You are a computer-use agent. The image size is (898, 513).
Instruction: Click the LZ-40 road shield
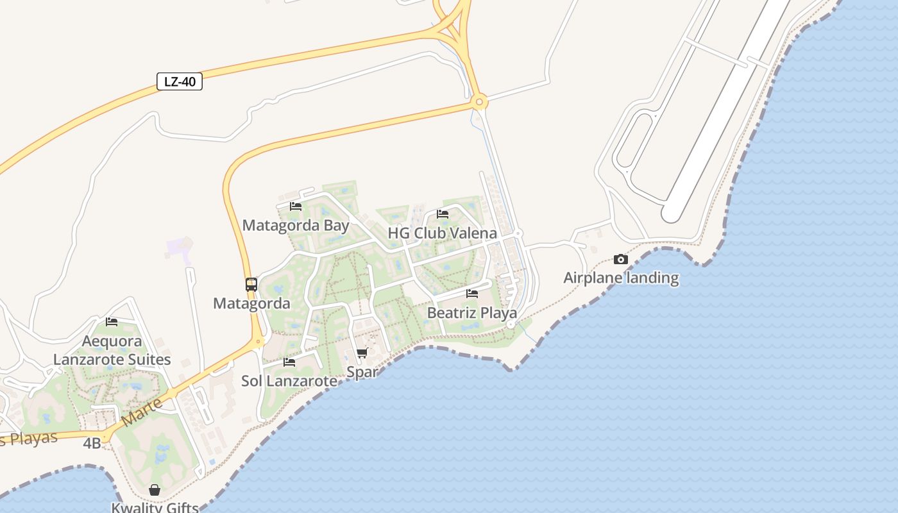(180, 81)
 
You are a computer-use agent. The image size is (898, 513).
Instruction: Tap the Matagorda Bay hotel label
(296, 226)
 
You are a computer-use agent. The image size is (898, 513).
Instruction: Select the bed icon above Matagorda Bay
(296, 206)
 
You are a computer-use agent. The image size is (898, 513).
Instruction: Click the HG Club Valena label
(442, 233)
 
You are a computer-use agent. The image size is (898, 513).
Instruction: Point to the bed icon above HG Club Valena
(443, 214)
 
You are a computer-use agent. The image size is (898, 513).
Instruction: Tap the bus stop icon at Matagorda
(251, 285)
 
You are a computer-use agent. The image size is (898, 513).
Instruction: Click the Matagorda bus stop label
(251, 303)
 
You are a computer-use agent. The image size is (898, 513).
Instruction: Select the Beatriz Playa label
(472, 313)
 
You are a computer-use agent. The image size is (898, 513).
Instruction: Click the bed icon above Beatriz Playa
(472, 294)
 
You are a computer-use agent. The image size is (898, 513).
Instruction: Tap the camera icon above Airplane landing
(621, 259)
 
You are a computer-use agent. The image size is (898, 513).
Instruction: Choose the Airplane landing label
(621, 278)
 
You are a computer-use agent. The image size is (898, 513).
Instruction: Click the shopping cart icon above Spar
(362, 353)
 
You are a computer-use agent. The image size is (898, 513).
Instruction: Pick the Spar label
(362, 372)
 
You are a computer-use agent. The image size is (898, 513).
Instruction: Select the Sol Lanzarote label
(289, 381)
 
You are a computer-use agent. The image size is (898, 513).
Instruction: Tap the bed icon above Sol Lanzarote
(289, 362)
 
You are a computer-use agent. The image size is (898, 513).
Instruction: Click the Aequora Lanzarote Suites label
(112, 350)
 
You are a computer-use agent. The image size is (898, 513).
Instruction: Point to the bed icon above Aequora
(112, 322)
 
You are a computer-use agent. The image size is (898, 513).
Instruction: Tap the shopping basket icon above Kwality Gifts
(155, 490)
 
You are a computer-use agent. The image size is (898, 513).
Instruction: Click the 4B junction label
(92, 442)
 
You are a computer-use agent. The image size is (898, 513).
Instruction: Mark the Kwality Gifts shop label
(155, 507)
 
